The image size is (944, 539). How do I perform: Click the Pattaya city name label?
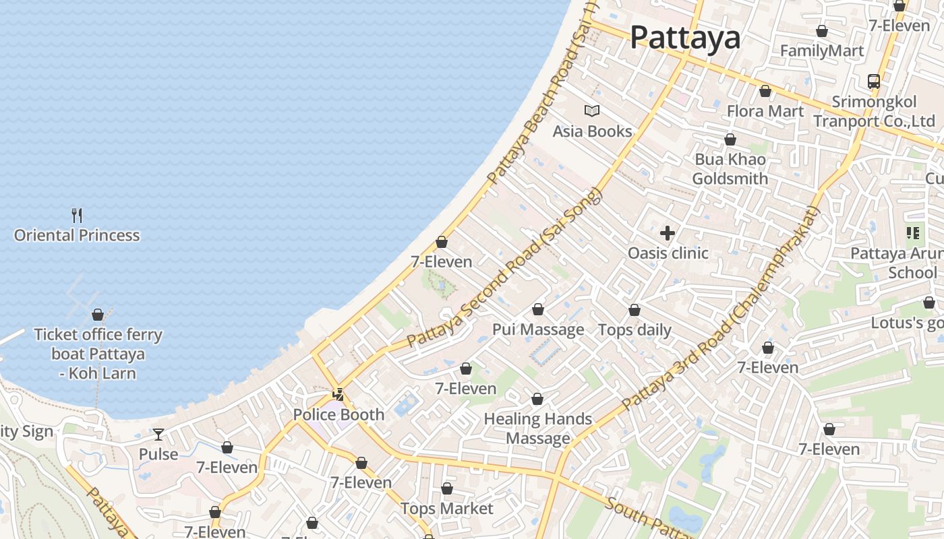tap(685, 38)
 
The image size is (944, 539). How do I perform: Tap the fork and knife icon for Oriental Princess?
tap(77, 216)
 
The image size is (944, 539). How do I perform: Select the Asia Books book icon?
tap(592, 110)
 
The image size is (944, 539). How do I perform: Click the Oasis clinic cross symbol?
tap(668, 233)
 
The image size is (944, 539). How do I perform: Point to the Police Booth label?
tap(338, 414)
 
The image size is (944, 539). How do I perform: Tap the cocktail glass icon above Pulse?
tap(158, 435)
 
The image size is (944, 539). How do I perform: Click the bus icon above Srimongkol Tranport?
tap(874, 82)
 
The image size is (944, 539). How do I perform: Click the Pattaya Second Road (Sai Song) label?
tap(504, 269)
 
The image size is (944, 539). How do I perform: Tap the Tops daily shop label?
tap(635, 329)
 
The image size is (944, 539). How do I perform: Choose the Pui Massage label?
tap(538, 329)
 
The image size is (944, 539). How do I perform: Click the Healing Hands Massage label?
tap(538, 429)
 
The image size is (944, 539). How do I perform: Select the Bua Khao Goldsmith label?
tap(730, 169)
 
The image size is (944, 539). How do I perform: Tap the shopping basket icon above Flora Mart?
tap(765, 91)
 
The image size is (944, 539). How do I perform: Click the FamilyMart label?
tap(821, 51)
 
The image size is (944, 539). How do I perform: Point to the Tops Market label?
tap(447, 508)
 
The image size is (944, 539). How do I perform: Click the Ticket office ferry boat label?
tap(98, 354)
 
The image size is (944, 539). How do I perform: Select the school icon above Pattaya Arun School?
tap(913, 233)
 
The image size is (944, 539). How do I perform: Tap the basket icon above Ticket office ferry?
tap(98, 315)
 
